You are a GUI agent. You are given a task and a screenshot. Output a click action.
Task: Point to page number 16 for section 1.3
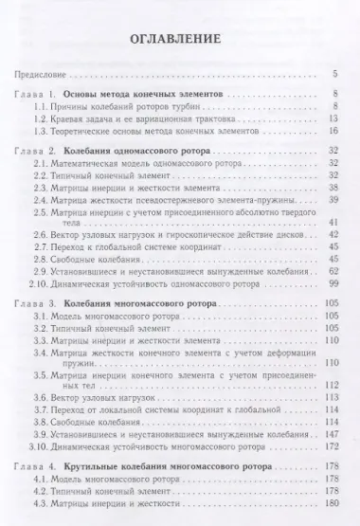(x=333, y=136)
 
